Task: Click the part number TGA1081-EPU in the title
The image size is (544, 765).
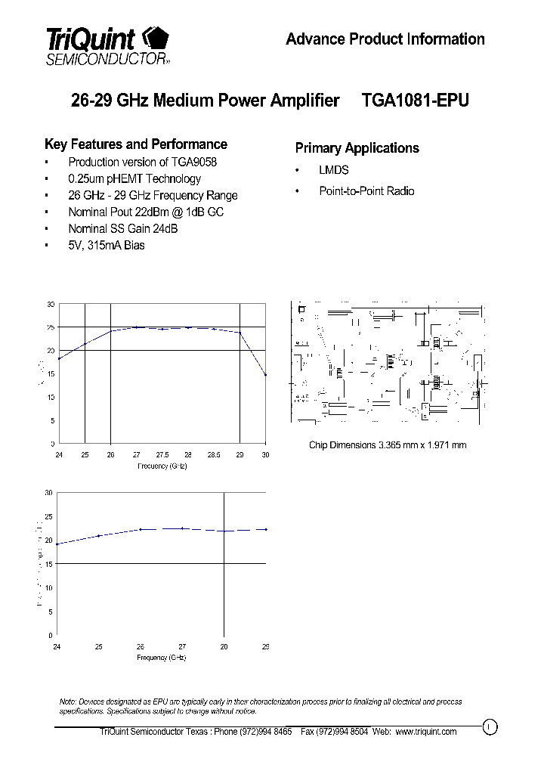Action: [x=416, y=101]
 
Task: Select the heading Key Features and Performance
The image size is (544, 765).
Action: [x=136, y=144]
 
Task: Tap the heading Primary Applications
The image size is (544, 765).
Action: [x=357, y=148]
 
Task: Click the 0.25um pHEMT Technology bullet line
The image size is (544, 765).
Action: [x=134, y=179]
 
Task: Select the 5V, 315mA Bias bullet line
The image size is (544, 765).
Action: [x=106, y=245]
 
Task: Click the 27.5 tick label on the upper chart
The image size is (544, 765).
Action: [x=162, y=454]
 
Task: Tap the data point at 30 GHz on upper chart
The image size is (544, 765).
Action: [x=266, y=375]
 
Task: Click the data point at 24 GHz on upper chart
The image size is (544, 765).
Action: [x=59, y=358]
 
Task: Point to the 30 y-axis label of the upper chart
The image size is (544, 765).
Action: [x=51, y=304]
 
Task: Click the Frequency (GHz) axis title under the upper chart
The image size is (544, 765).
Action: [x=162, y=466]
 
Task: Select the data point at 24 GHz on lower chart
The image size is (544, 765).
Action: [x=57, y=544]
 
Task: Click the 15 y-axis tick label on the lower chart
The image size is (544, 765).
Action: [x=48, y=564]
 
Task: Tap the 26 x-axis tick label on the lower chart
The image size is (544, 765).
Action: [x=140, y=647]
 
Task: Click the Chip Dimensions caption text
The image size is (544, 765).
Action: [x=387, y=444]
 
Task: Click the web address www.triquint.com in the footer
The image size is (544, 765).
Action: [x=425, y=732]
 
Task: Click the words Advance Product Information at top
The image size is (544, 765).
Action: [x=385, y=39]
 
